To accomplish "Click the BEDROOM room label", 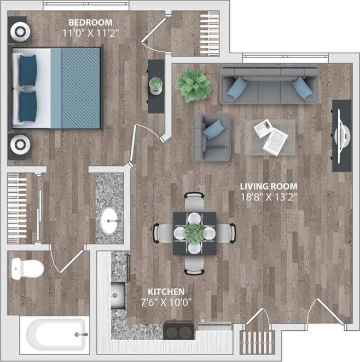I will (x=90, y=22).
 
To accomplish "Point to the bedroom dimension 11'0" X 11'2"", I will (x=91, y=32).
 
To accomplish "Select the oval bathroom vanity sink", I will (x=109, y=220).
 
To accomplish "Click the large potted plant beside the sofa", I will (x=193, y=84).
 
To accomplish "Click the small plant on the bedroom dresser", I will (x=156, y=85).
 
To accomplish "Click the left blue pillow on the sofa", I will (x=236, y=88).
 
